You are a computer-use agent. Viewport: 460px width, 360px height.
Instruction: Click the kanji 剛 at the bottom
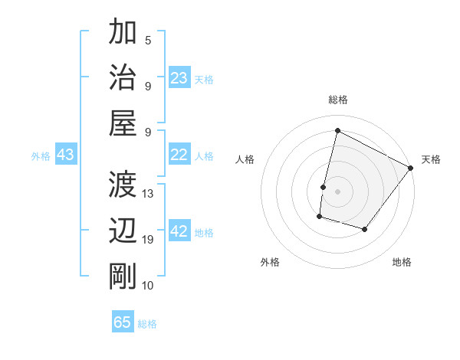(124, 275)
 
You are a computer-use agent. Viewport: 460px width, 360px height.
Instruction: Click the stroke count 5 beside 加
(148, 41)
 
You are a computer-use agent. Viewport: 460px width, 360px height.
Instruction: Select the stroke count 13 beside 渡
(148, 193)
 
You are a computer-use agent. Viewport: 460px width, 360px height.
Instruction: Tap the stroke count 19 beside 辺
(148, 239)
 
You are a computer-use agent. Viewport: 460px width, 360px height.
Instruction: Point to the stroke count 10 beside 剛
(148, 285)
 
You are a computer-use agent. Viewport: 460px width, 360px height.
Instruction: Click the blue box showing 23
(179, 78)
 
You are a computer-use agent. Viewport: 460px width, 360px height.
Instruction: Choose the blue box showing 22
(179, 155)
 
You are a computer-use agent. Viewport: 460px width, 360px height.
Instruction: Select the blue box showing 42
(179, 231)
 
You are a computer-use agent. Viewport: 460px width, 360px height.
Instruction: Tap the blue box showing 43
(65, 155)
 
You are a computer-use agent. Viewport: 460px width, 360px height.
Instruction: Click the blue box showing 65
(123, 322)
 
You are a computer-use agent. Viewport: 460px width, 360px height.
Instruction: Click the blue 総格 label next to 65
(147, 324)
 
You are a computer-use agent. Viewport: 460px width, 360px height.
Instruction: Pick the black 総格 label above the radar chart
(337, 100)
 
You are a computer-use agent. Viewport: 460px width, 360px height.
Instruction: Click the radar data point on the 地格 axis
(365, 230)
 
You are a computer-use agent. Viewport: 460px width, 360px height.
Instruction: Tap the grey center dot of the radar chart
(337, 191)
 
